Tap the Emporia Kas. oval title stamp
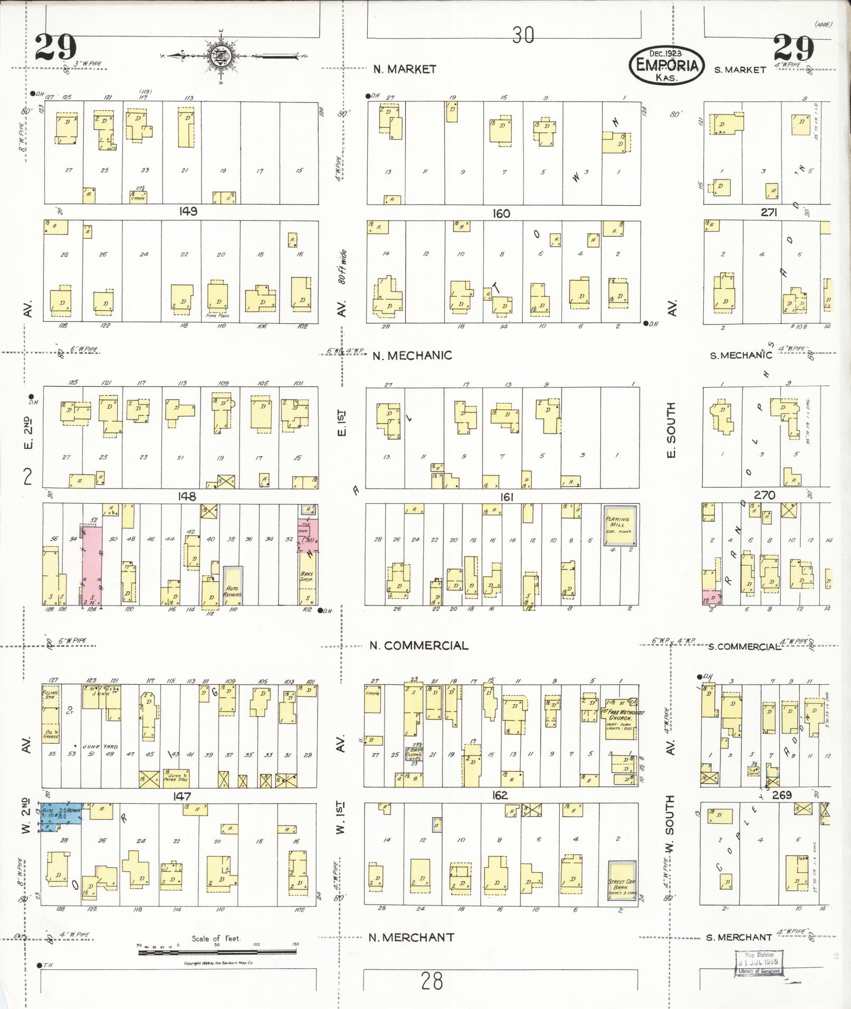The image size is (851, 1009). click(x=666, y=65)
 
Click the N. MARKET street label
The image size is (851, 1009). click(x=405, y=69)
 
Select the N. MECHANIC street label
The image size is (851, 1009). click(x=412, y=355)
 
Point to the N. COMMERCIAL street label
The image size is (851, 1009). click(x=418, y=646)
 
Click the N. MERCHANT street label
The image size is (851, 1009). click(x=411, y=937)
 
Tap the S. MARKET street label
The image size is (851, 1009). click(x=740, y=70)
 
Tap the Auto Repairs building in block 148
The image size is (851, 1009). click(x=233, y=586)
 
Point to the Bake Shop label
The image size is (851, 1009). click(x=307, y=576)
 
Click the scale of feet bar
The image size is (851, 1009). click(x=218, y=952)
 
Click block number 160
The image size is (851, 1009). click(x=501, y=214)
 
